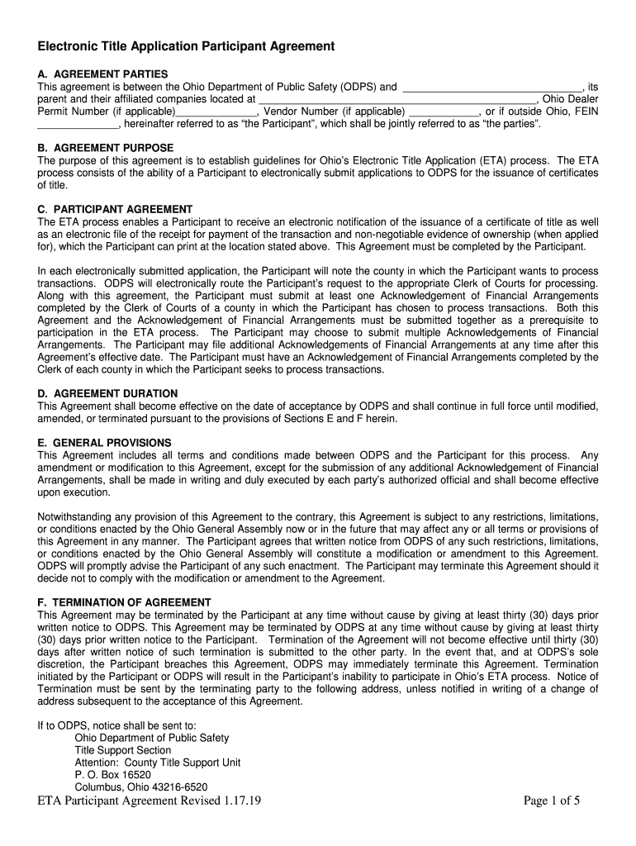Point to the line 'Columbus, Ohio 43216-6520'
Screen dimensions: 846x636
click(x=140, y=787)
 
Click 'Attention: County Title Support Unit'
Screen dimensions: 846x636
click(x=158, y=763)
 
